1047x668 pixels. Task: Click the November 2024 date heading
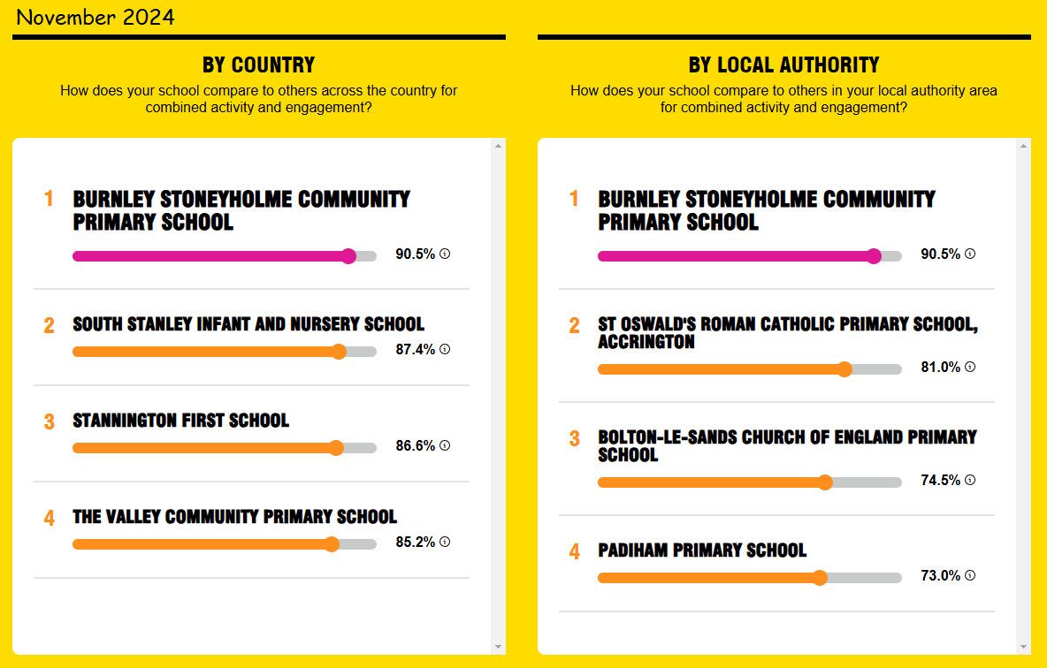(95, 17)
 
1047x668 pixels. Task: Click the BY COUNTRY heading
(258, 65)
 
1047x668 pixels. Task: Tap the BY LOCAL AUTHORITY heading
(783, 65)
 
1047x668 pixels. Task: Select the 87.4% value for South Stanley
(416, 349)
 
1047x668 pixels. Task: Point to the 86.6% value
(416, 445)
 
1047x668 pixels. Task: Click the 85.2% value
(416, 542)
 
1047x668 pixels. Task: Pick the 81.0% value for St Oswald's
(940, 367)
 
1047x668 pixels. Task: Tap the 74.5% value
(940, 480)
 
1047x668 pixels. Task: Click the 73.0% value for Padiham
(940, 575)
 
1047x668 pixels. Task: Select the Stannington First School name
(181, 421)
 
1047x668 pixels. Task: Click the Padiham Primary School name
(702, 550)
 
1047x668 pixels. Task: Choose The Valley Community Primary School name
(235, 517)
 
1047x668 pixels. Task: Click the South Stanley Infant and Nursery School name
(248, 324)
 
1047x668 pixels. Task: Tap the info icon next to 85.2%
(445, 542)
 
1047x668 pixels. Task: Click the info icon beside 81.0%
(970, 367)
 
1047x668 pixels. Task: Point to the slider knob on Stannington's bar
(337, 448)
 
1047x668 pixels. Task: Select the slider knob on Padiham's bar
(820, 578)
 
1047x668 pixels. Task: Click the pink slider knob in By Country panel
(348, 256)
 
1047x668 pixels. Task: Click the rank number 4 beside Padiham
(574, 552)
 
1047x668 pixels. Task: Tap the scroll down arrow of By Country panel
(498, 647)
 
